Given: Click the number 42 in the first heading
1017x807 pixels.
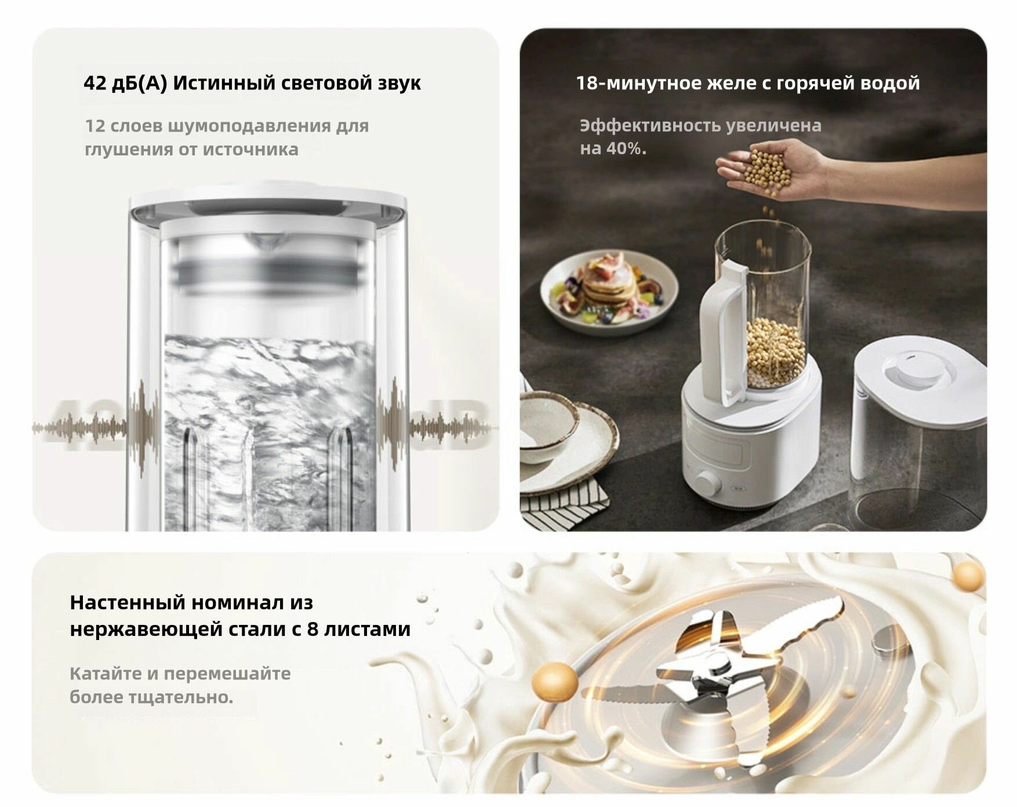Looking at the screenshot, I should coord(94,83).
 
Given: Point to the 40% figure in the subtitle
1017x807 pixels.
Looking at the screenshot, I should coord(625,149).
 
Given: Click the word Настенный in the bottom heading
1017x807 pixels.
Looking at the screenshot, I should coord(126,603).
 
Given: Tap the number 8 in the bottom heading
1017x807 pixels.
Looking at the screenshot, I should coord(312,629).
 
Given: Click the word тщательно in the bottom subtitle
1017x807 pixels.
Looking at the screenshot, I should coord(172,697).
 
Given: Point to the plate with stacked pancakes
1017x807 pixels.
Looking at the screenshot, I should coord(609,290).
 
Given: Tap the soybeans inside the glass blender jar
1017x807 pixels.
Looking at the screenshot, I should coord(775,351).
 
